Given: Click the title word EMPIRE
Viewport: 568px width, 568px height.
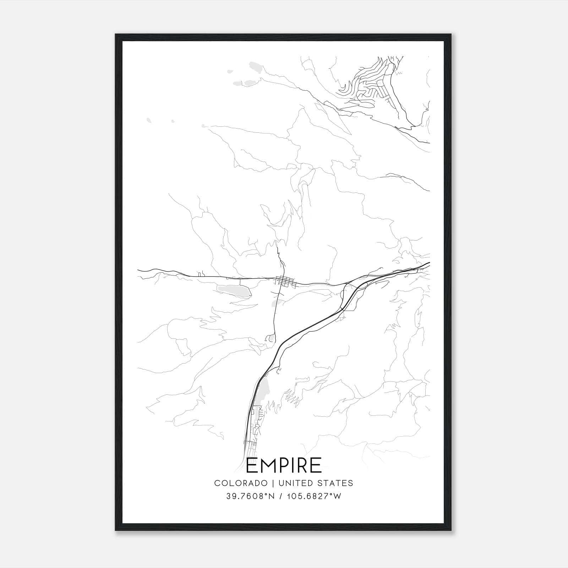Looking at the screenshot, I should point(284,465).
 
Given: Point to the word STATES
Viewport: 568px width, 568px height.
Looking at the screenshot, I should point(336,483).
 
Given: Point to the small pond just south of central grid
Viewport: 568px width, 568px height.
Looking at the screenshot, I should point(277,302).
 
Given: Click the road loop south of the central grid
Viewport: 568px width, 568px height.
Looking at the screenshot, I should point(271,338).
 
